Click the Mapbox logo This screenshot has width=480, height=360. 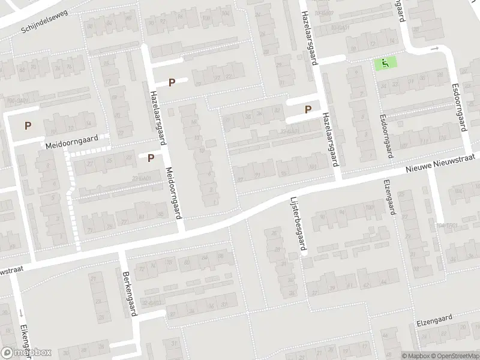click(26, 353)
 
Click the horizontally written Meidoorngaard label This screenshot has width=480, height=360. click(71, 143)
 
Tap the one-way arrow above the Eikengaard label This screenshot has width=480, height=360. click(20, 313)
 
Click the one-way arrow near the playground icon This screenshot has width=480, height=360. click(436, 49)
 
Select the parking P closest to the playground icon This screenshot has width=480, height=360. click(308, 110)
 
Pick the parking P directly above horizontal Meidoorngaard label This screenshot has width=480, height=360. click(28, 126)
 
